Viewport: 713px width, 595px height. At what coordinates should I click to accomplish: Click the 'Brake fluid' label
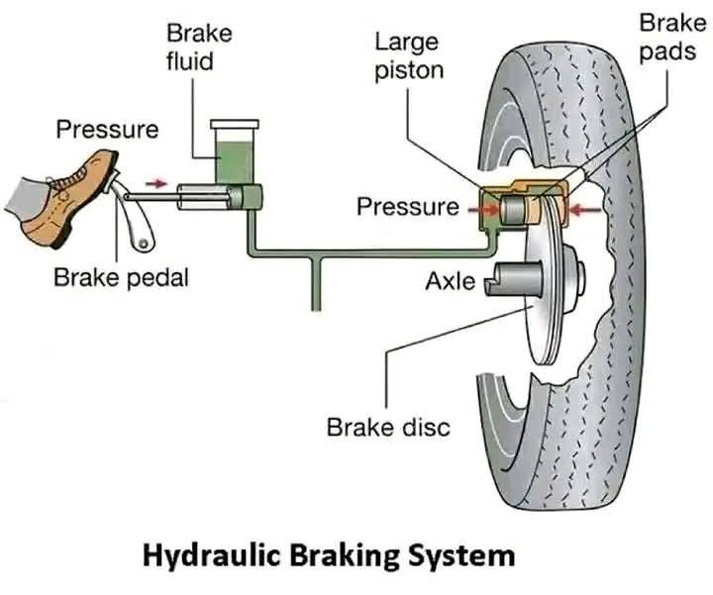point(198,47)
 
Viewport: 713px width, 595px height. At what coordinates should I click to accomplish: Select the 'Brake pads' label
point(665,37)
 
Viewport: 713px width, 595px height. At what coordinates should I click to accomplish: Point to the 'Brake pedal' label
point(121,277)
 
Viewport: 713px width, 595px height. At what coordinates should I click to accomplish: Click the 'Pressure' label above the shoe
point(105,130)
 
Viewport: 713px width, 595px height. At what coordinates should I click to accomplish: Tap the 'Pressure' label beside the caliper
point(407,207)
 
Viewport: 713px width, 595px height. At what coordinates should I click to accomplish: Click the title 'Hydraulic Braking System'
point(329,555)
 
